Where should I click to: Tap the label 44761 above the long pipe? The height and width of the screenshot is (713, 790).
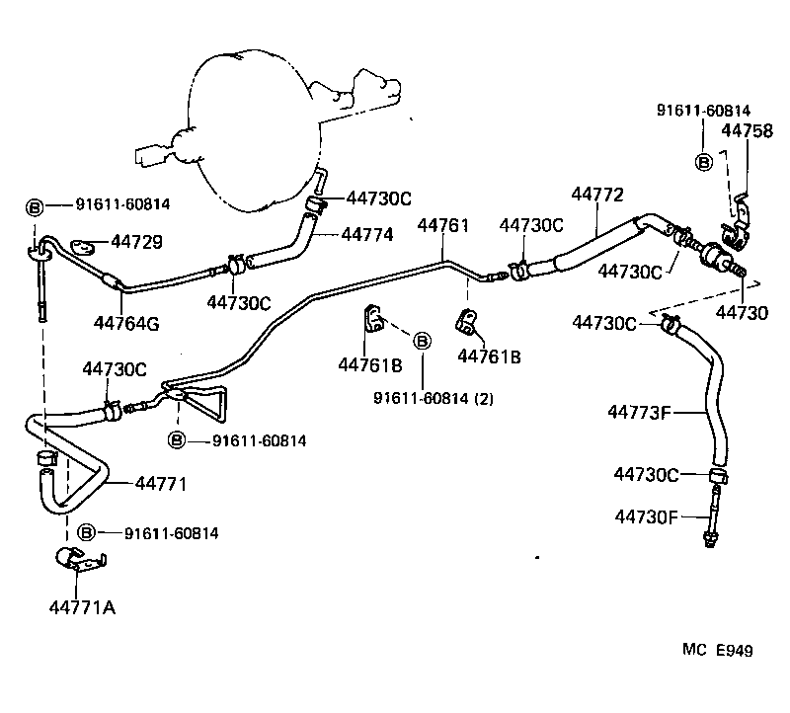(x=442, y=226)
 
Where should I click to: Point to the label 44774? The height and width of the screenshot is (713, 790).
(x=367, y=235)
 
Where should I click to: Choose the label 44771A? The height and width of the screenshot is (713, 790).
(x=81, y=606)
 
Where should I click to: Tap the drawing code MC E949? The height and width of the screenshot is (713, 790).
(x=718, y=650)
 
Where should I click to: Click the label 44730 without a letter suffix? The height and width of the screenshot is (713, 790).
(x=742, y=313)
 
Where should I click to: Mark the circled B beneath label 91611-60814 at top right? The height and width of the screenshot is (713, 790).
(x=704, y=162)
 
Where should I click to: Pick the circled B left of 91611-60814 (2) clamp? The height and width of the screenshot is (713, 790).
(x=422, y=341)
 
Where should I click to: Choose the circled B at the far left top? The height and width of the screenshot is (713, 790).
(x=34, y=207)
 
